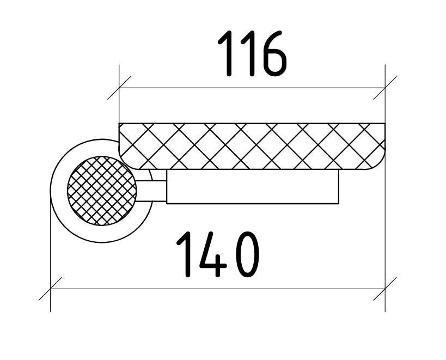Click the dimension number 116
(252, 53)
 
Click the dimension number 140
(218, 254)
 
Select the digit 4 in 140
(213, 254)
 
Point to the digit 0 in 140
(248, 254)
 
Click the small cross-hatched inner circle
(102, 191)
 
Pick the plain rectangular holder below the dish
(253, 187)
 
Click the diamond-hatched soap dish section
(252, 146)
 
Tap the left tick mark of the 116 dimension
(119, 88)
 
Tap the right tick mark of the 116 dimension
(385, 88)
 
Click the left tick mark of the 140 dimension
(50, 289)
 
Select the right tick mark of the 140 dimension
(385, 289)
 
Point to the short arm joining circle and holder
(151, 191)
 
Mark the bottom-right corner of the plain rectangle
(339, 204)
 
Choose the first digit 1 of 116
(226, 53)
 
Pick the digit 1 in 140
(185, 254)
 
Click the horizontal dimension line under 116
(252, 88)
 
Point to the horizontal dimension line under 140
(218, 289)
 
